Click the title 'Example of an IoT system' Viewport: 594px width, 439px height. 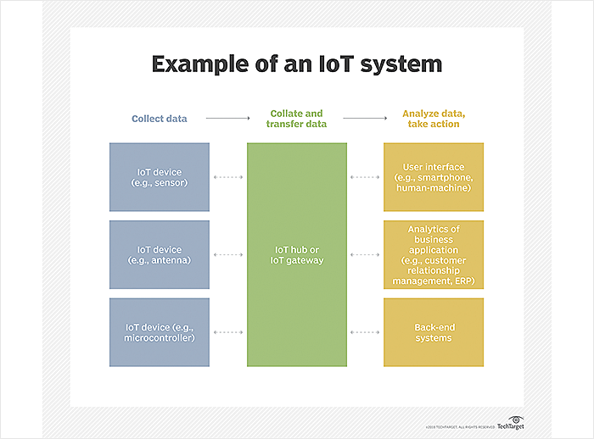click(296, 64)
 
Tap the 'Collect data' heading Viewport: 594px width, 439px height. click(160, 119)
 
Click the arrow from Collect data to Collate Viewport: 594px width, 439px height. click(227, 119)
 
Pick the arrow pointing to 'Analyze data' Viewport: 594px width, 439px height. click(366, 119)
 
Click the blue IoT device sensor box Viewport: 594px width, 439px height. click(160, 177)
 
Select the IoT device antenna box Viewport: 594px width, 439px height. click(160, 254)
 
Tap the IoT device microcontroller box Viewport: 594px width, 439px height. click(160, 332)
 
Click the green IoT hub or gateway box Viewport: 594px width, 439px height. click(297, 254)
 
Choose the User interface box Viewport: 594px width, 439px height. click(434, 177)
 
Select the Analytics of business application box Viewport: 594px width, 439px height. click(434, 254)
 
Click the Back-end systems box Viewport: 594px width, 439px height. click(434, 332)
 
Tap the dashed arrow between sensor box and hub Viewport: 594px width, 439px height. click(228, 177)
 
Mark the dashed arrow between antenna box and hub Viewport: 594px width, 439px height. click(228, 254)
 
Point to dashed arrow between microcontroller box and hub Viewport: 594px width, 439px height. click(228, 332)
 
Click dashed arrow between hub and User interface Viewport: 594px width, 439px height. click(365, 177)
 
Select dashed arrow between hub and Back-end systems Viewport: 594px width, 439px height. click(365, 332)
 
